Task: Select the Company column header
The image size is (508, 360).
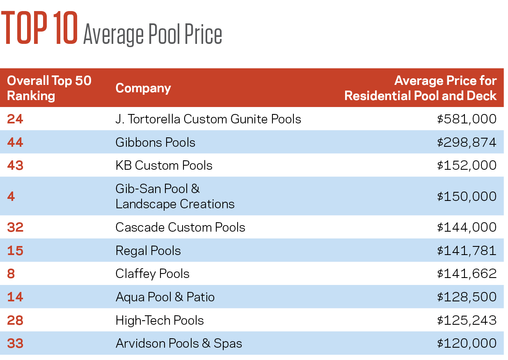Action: tap(143, 88)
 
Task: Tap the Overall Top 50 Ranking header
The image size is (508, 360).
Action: tap(49, 88)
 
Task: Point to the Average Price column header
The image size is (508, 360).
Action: tap(421, 88)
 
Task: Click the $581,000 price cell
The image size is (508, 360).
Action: tap(467, 119)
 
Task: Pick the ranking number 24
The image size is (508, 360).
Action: tap(15, 119)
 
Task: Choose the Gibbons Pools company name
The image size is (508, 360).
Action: tap(155, 142)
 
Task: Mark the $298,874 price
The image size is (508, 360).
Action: tap(467, 142)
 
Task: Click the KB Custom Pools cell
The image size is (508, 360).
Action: tap(164, 165)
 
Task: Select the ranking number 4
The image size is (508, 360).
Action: tap(11, 196)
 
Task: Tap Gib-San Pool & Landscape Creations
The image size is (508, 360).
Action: tap(175, 196)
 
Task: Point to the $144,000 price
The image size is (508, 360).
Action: tap(467, 227)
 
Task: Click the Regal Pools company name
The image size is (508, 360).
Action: tap(148, 251)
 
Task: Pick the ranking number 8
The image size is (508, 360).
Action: tap(11, 273)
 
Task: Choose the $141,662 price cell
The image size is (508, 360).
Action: tap(467, 273)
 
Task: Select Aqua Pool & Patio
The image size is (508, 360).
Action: tap(165, 297)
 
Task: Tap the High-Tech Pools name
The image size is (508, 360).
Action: tap(160, 320)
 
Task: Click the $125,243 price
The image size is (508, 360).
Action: tap(467, 320)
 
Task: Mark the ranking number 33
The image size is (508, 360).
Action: tap(15, 343)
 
